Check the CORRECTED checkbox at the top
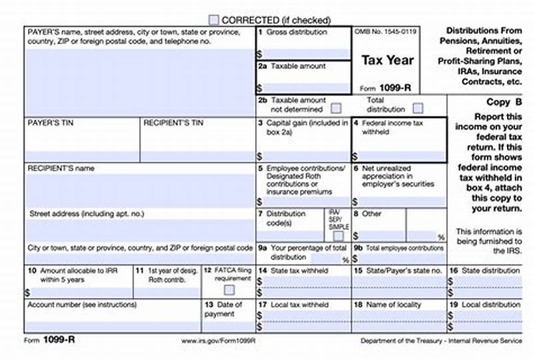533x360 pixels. coord(213,20)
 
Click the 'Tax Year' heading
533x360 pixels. coord(387,60)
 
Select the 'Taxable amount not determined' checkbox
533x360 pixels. coord(336,108)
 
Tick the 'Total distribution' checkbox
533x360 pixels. coord(418,108)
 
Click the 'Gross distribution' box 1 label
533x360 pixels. coord(296,32)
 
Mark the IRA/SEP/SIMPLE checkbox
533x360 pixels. coord(338,236)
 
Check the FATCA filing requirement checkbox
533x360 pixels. coord(229,289)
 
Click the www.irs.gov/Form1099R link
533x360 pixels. coord(218,341)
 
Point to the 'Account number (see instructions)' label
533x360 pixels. coord(82,305)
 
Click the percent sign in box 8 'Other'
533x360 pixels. coord(440,237)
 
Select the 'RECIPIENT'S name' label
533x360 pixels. coord(61,169)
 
